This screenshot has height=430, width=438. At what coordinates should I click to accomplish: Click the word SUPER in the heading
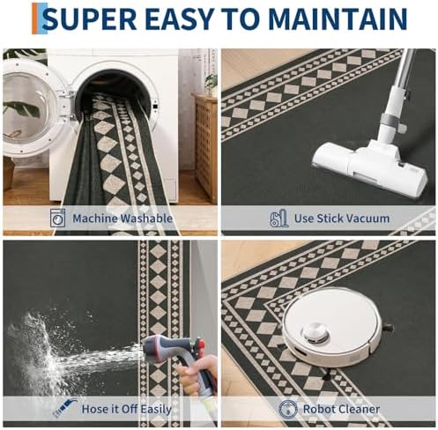[x=91, y=19]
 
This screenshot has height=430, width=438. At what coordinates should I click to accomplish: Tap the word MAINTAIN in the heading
[x=338, y=19]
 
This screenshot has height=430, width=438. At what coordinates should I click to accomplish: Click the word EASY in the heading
[x=179, y=19]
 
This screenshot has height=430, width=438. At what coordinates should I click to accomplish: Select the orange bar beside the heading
[x=34, y=19]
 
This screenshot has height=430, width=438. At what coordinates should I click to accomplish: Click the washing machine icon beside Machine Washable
[x=57, y=218]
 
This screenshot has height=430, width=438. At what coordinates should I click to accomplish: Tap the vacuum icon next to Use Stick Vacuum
[x=278, y=218]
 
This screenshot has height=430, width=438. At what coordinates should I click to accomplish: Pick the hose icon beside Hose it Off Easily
[x=64, y=408]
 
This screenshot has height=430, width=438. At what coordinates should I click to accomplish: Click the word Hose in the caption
[x=93, y=409]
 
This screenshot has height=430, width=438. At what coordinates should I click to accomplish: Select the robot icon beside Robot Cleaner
[x=287, y=409]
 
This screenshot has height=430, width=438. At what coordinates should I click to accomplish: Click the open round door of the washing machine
[x=33, y=107]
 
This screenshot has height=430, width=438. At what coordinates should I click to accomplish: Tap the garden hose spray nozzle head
[x=162, y=345]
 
